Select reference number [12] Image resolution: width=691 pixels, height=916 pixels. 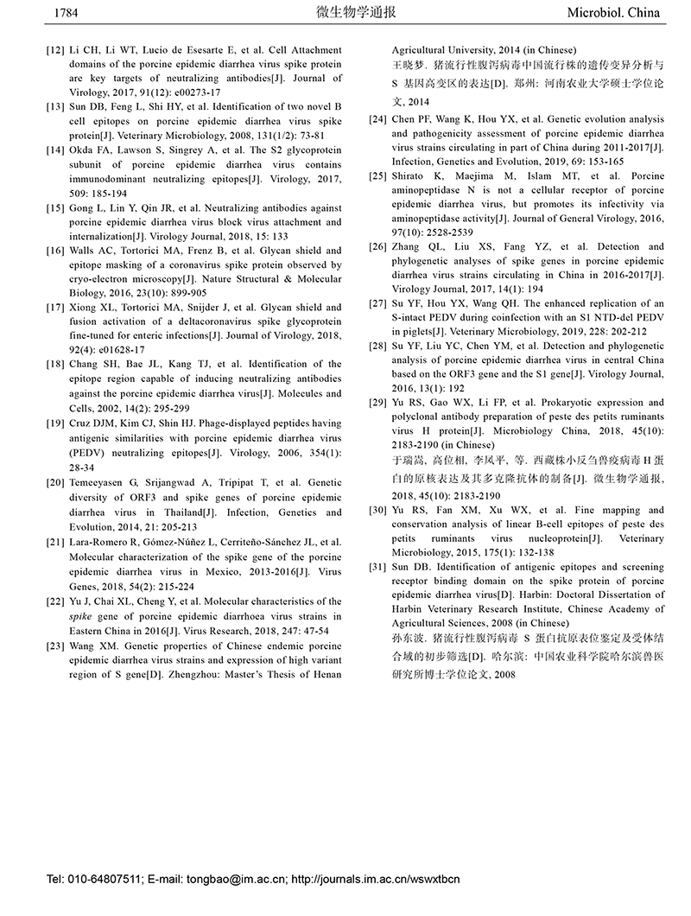pos(56,50)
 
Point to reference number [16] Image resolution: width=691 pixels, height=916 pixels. pos(56,251)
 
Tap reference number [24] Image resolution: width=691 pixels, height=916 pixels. pos(377,120)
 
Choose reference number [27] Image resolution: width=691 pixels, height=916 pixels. pos(377,303)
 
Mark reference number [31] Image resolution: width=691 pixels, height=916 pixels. pos(377,567)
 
